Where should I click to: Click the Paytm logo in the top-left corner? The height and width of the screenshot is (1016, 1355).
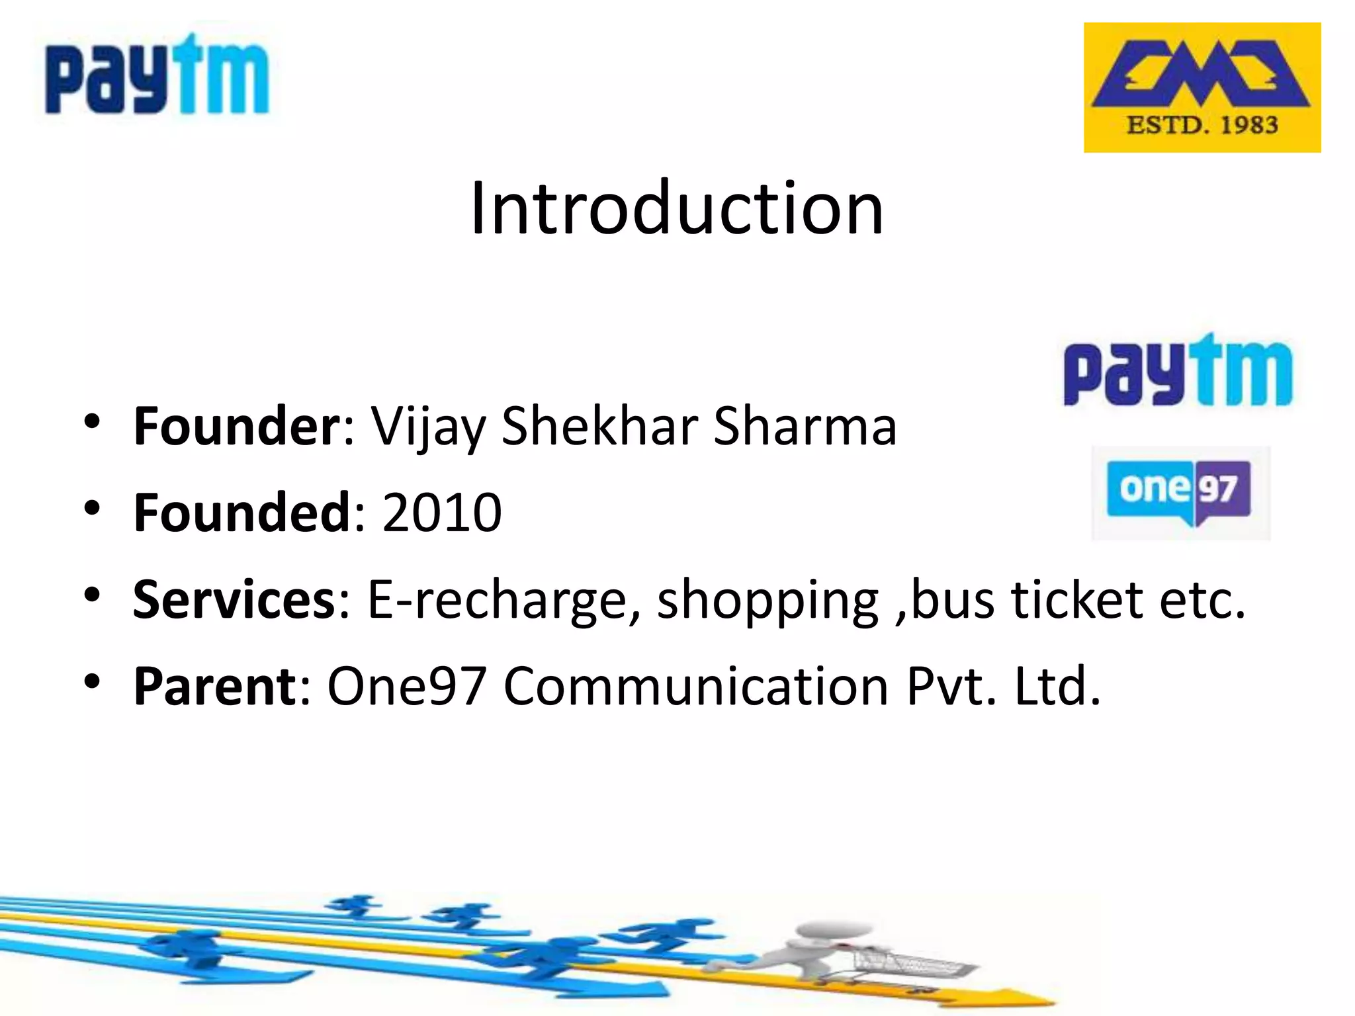(157, 75)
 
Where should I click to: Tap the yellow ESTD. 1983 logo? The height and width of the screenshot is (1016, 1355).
(1202, 87)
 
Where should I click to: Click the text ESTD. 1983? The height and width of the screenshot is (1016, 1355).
(1202, 125)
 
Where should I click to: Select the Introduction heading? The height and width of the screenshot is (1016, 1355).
(676, 208)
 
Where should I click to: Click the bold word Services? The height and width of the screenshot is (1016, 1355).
(235, 599)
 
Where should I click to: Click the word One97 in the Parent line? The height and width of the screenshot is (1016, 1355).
(407, 687)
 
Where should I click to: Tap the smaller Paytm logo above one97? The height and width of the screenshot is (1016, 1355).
(1177, 371)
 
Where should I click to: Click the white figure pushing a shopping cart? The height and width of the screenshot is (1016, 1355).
(827, 952)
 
